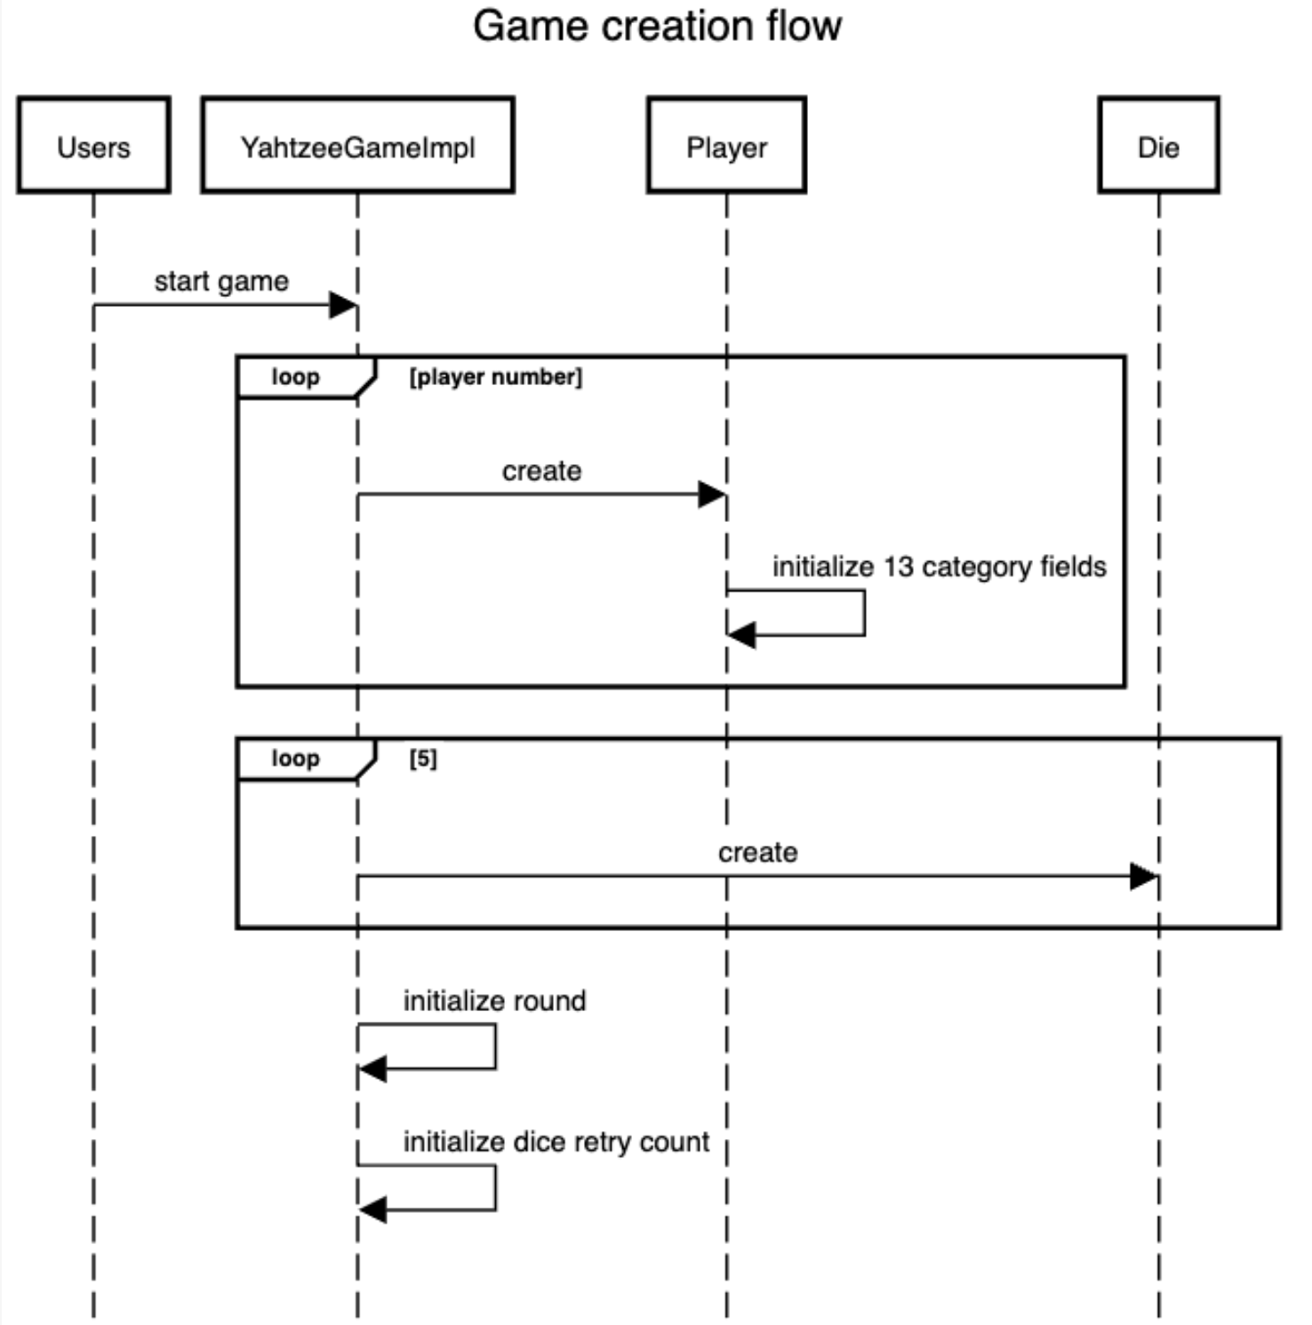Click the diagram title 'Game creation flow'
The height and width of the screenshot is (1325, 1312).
[x=656, y=26]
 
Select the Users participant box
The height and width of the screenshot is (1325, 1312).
[x=93, y=146]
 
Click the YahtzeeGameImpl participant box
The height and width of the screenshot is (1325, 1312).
[x=357, y=146]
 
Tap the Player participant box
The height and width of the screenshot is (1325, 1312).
[x=726, y=146]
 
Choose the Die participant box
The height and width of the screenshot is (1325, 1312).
[x=1158, y=146]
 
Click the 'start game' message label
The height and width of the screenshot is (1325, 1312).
[x=221, y=281]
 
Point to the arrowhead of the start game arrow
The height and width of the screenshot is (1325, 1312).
[x=344, y=305]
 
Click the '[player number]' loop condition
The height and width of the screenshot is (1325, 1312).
[x=495, y=377]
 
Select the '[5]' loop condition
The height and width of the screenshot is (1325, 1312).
[x=423, y=759]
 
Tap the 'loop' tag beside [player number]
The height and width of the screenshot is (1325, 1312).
[x=295, y=377]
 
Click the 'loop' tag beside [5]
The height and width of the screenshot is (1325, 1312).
[x=295, y=759]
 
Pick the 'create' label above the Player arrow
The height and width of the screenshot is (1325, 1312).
[x=541, y=470]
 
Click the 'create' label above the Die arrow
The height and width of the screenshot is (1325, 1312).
[x=757, y=852]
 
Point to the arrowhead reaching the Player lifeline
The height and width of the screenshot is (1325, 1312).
[x=712, y=494]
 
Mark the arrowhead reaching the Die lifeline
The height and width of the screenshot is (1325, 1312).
[x=1144, y=877]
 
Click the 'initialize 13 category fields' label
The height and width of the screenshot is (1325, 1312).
[x=939, y=566]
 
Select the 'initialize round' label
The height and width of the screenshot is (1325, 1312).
[x=494, y=1000]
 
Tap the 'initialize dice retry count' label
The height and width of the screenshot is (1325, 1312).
[x=556, y=1142]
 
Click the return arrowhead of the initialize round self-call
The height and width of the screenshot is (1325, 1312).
[x=372, y=1069]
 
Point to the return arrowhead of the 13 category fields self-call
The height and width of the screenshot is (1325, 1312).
[x=741, y=635]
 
